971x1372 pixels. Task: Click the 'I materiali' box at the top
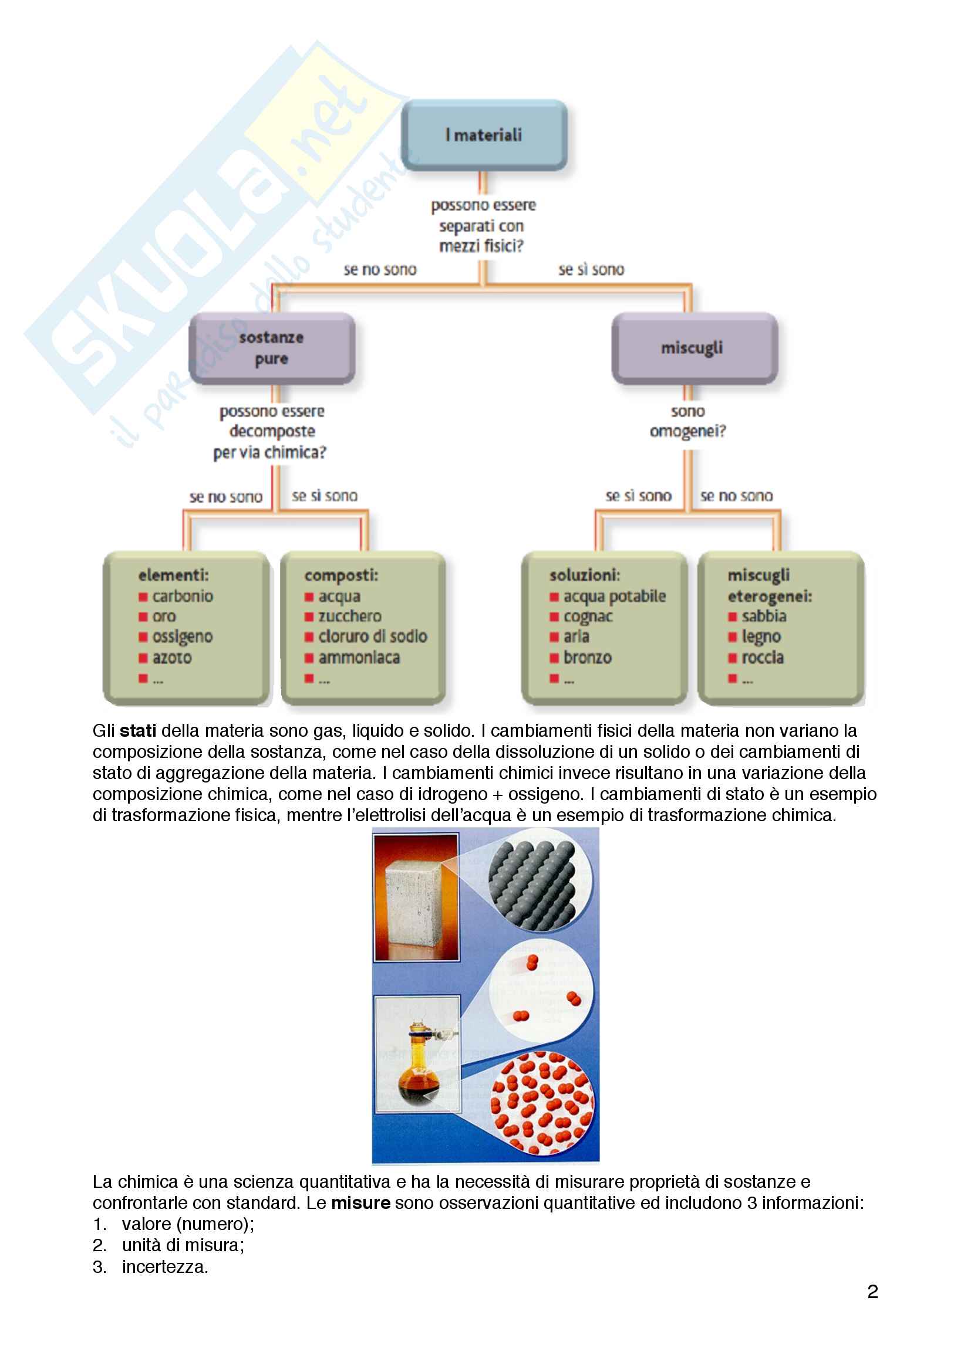(x=484, y=135)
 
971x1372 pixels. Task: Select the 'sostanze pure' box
(x=272, y=348)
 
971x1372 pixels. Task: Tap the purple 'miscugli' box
(x=693, y=348)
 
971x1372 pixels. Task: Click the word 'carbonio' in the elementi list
(x=183, y=596)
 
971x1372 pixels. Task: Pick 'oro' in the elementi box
(x=164, y=616)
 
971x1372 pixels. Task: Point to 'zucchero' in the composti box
(x=350, y=616)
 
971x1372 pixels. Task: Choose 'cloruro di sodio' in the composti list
(x=373, y=636)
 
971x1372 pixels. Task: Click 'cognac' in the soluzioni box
(x=588, y=616)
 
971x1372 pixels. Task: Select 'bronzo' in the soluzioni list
(x=587, y=658)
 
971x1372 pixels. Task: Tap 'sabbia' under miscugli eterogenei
(x=764, y=616)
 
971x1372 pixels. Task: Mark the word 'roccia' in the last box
(x=763, y=658)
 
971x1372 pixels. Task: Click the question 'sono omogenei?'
(x=687, y=421)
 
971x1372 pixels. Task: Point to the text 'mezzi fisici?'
(x=481, y=246)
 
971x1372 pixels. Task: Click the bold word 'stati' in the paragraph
(x=138, y=731)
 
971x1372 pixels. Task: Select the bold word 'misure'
(x=360, y=1203)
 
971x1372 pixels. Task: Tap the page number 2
(x=872, y=1292)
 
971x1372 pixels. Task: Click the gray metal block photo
(x=416, y=897)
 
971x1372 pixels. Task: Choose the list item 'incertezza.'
(x=165, y=1267)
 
